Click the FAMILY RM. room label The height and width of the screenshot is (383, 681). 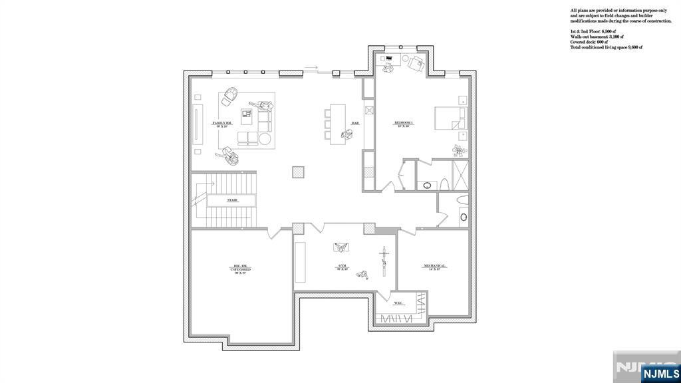pos(222,124)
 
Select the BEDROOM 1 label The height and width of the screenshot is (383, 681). pos(404,124)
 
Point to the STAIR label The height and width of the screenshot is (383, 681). pos(232,200)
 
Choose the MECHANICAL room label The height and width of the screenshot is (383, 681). pos(434,266)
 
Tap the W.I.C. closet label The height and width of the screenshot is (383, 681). pos(399,303)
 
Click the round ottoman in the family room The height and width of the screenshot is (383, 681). pos(264,139)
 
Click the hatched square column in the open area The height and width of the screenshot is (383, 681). pos(299,172)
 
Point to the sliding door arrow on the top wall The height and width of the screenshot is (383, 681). pos(312,67)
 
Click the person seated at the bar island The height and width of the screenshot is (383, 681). pos(346,135)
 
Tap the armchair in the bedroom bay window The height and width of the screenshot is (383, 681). pos(417,63)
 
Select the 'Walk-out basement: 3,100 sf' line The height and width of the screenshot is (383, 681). pos(600,37)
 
